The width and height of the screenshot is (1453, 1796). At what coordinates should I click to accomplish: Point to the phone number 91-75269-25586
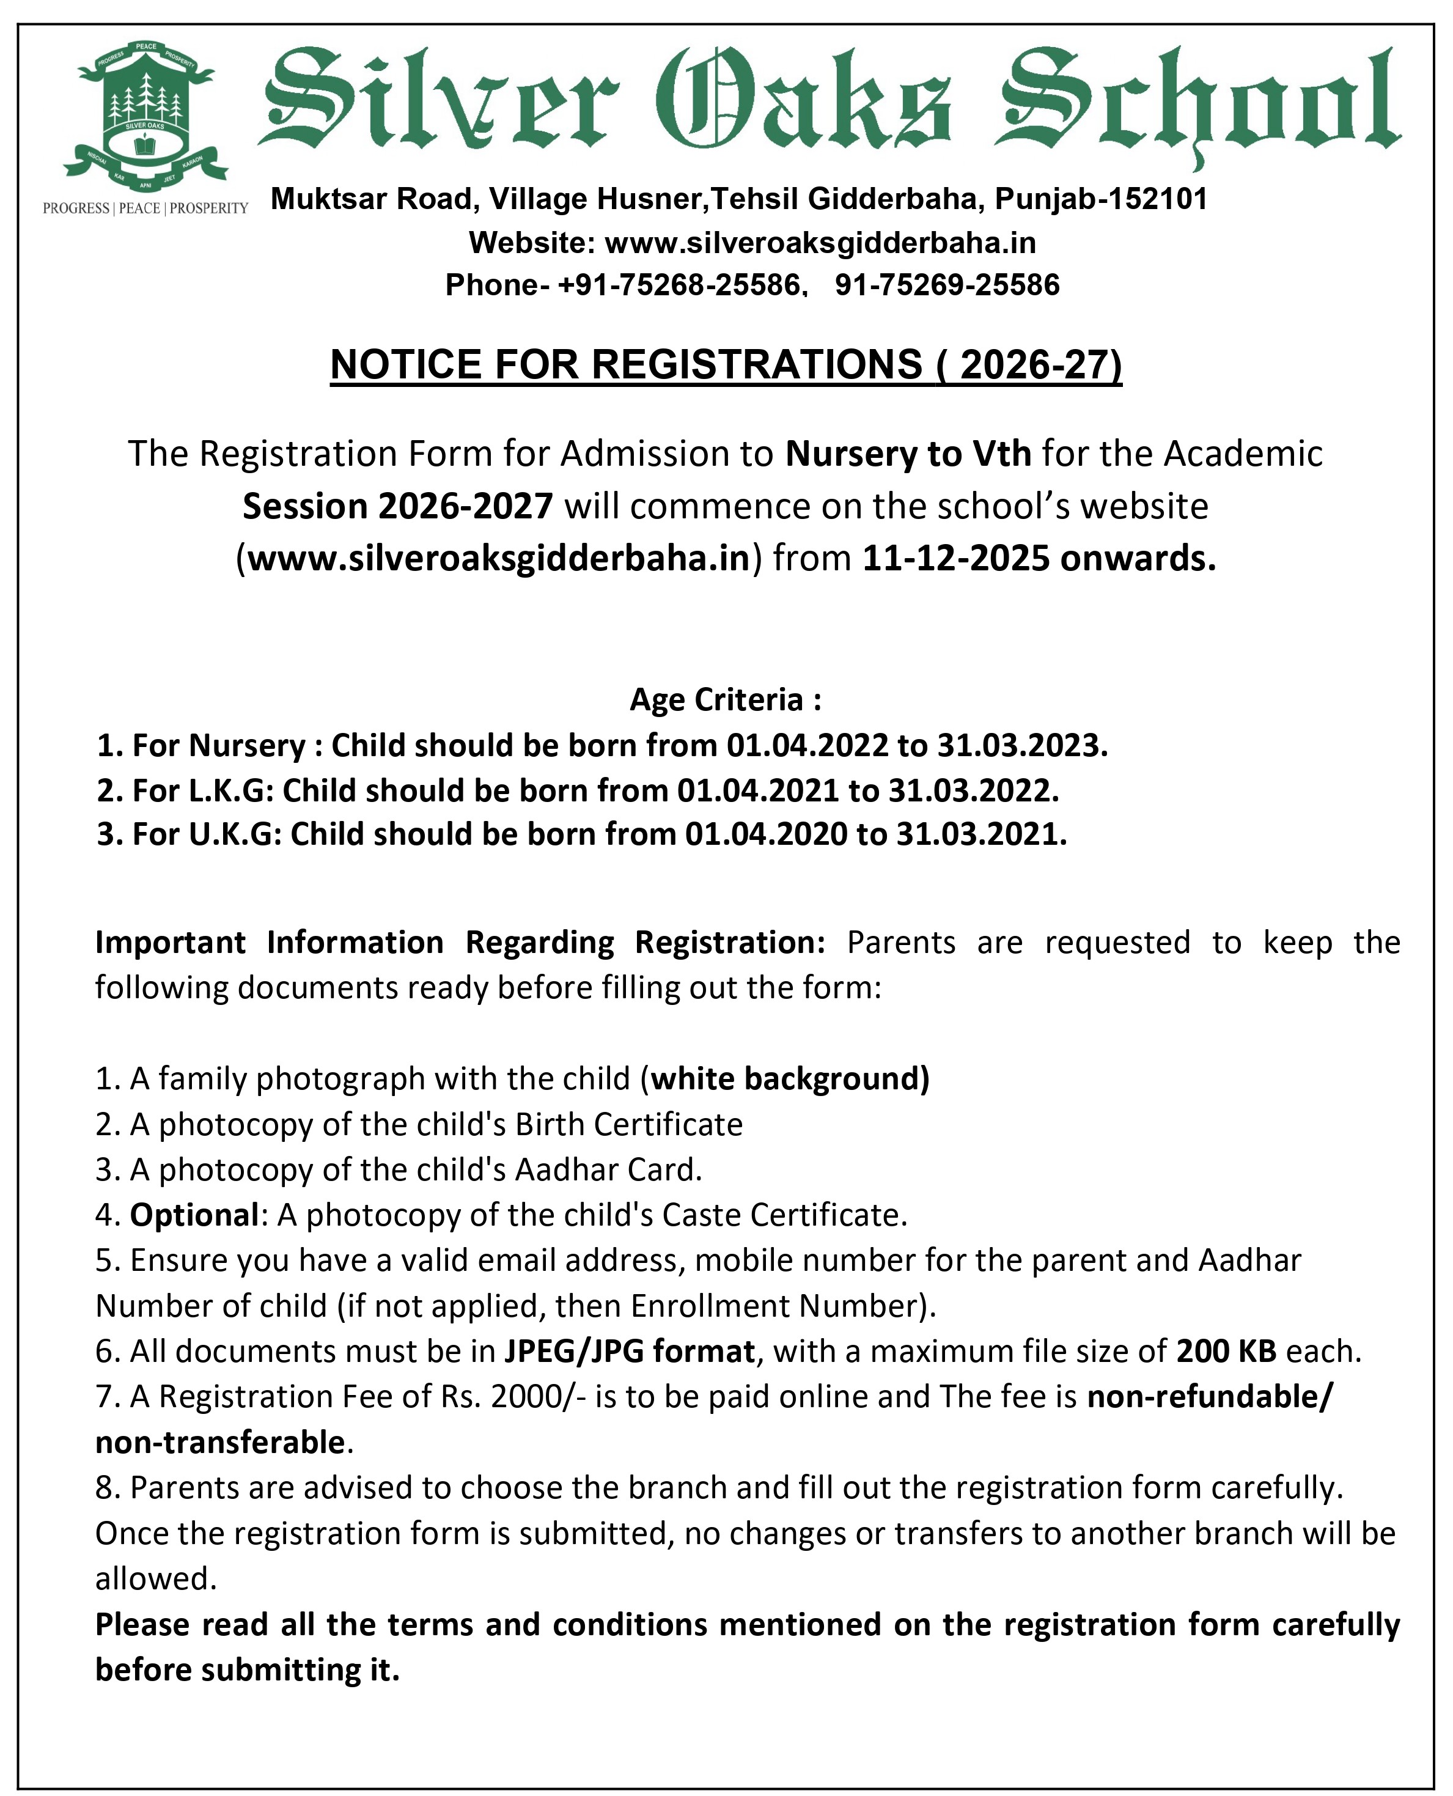click(947, 285)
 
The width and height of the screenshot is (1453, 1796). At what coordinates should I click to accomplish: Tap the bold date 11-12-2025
click(955, 558)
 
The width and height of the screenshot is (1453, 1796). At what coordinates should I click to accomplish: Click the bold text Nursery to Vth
click(908, 454)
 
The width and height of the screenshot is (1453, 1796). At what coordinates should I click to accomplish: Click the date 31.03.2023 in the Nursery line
click(1021, 745)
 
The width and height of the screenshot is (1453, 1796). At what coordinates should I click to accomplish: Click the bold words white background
click(789, 1079)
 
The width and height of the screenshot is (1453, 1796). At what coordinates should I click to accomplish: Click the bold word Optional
click(194, 1215)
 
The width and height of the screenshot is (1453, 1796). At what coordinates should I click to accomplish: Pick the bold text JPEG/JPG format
click(630, 1352)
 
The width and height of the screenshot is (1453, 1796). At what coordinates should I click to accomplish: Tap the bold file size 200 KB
click(1226, 1352)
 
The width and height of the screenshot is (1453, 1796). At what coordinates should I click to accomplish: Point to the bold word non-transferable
click(219, 1442)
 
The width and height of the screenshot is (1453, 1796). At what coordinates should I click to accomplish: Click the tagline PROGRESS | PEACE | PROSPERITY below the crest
click(145, 208)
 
